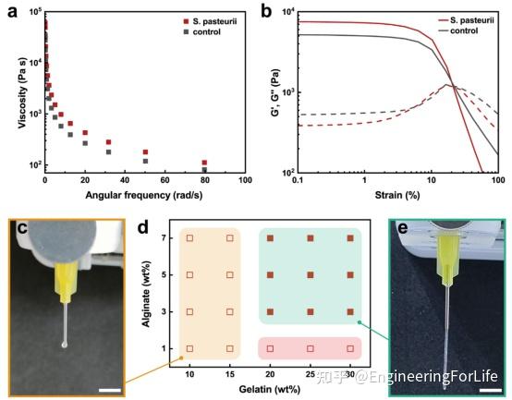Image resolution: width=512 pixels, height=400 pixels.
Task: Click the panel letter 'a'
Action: [x=12, y=12]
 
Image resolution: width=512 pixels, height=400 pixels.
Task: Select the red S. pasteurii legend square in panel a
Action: [x=186, y=21]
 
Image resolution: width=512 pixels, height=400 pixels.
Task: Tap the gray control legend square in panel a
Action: [x=186, y=32]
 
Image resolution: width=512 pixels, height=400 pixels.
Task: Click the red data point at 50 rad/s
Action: [x=145, y=152]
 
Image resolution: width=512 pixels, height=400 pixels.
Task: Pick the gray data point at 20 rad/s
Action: [x=85, y=143]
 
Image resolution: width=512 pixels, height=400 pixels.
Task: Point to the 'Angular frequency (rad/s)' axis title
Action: [x=143, y=195]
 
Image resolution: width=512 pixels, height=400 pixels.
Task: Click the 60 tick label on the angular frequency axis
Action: [x=165, y=180]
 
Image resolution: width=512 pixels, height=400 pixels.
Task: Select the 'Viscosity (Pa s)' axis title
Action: [x=22, y=93]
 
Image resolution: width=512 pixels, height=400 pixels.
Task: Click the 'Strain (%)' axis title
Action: [x=397, y=195]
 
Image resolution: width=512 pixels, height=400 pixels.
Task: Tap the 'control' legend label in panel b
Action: [x=464, y=30]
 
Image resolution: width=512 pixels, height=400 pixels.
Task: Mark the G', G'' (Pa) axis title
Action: [x=276, y=92]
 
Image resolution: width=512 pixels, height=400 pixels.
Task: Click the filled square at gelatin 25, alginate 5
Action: [x=311, y=275]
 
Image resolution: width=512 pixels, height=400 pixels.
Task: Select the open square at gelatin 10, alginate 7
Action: [x=189, y=238]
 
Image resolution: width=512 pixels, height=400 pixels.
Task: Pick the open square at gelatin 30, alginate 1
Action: [x=350, y=349]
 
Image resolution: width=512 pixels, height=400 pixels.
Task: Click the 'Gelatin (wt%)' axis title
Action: [x=269, y=389]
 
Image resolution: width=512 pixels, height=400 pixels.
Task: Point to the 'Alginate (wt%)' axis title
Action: [x=146, y=294]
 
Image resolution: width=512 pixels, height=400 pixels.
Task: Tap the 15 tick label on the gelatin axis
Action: [x=230, y=374]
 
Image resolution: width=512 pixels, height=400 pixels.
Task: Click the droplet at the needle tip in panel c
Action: [x=65, y=345]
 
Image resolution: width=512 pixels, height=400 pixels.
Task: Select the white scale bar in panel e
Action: [x=491, y=390]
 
